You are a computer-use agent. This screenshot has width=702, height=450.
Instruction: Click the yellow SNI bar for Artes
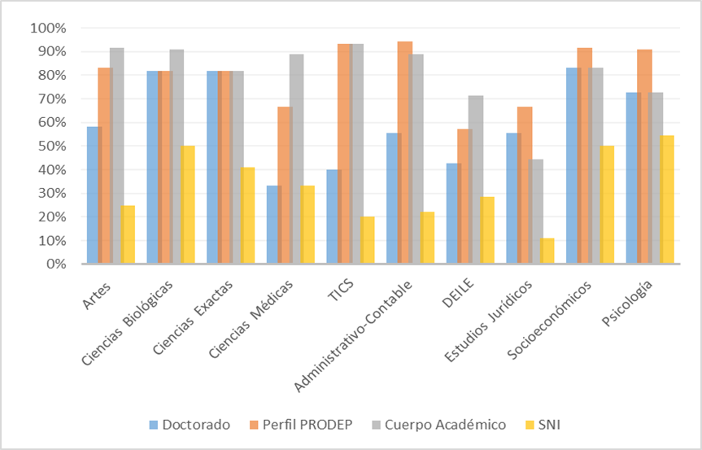128,234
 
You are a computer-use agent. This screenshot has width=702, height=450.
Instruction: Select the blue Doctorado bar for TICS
332,216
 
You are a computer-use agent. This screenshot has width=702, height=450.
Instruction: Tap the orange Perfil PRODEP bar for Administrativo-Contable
404,152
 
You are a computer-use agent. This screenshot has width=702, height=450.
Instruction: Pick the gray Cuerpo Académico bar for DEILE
476,180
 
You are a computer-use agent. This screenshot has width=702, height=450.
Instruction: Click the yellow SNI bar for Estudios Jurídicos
547,251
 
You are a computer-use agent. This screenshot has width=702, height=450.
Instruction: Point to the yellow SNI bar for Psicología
667,199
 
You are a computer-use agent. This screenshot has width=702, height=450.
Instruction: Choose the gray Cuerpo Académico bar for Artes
116,155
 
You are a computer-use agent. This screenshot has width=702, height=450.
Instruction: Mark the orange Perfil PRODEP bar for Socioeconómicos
584,155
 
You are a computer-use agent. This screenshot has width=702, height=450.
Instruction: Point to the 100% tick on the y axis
49,28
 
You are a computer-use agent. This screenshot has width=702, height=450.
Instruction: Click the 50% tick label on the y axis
51,146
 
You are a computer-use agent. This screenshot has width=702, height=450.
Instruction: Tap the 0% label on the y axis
55,264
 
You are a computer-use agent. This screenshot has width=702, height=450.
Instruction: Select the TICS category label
338,286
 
